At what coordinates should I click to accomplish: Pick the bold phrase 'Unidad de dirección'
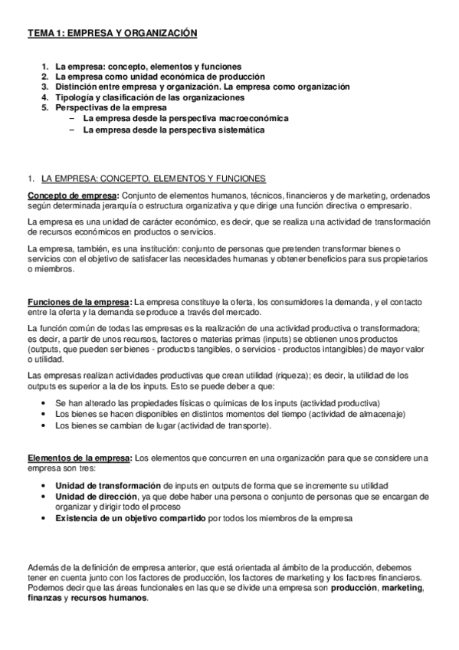pos(96,497)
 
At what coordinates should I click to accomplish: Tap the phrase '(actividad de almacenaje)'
pos(367,414)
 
